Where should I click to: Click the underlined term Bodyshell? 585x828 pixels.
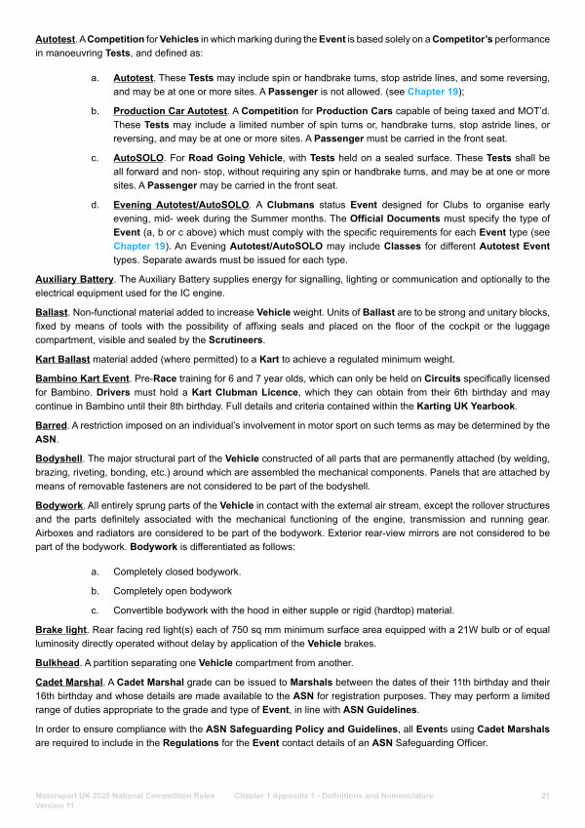59,458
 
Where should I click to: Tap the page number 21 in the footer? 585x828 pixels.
545,796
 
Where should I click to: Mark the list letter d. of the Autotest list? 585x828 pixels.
94,205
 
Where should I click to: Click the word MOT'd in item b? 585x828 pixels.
535,111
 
